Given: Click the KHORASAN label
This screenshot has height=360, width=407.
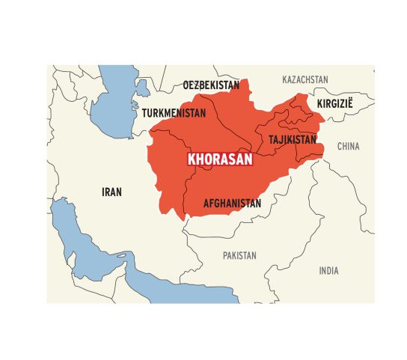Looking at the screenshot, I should [x=220, y=159].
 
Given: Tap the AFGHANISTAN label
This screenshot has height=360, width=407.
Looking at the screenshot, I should [x=232, y=203].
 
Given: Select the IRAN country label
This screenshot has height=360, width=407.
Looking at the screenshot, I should [x=111, y=192].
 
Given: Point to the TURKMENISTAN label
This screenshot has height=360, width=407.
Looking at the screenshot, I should [x=174, y=113].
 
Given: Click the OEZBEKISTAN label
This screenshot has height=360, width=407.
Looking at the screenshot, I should [x=212, y=85].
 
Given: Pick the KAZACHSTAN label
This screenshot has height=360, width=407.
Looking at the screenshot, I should [x=305, y=79].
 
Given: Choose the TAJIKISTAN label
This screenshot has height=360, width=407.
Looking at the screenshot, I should [x=293, y=139].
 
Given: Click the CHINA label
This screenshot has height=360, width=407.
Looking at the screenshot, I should [x=348, y=147].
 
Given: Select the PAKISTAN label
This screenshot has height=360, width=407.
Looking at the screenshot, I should [x=239, y=255].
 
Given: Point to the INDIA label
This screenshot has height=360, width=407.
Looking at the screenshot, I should [x=328, y=270].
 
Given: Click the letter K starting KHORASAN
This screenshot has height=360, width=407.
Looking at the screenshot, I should [x=191, y=159].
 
